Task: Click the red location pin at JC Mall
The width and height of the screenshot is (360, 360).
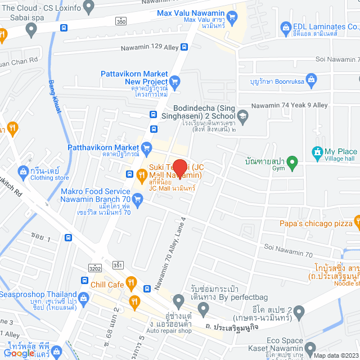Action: tap(179, 168)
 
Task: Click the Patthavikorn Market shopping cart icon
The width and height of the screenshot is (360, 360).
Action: tap(147, 148)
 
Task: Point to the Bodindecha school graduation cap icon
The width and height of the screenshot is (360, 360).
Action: tap(242, 116)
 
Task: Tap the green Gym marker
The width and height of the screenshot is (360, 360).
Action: tap(291, 163)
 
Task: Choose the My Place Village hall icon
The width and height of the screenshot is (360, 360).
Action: tap(316, 152)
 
